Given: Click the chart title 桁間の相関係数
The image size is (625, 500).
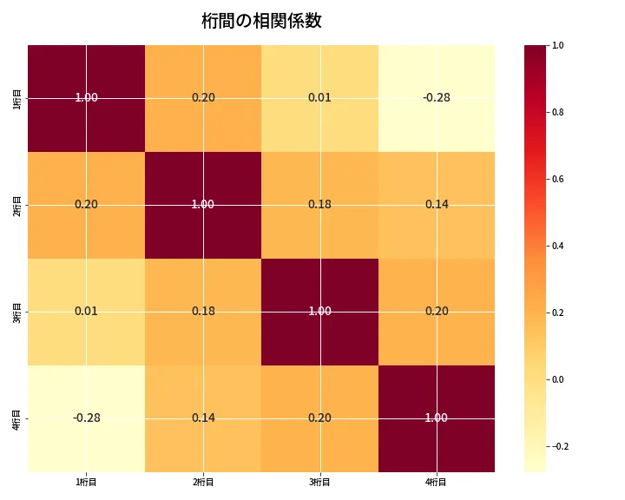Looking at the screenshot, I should point(261,21).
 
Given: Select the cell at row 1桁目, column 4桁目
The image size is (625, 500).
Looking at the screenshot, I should point(437,97).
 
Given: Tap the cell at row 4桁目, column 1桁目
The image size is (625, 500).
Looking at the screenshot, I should point(86,418).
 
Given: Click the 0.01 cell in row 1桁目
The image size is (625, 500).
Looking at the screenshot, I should point(319,97).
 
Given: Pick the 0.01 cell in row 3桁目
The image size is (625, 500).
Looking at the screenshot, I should point(86,311).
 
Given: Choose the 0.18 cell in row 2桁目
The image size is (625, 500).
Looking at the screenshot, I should point(319,204).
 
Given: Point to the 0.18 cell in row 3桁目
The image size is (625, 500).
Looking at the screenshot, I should point(203,311).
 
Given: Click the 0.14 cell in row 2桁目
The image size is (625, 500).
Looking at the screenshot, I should point(437,204).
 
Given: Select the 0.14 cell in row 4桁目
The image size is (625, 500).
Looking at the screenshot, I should point(203,418).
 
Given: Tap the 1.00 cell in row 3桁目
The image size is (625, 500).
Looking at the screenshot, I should point(319,311).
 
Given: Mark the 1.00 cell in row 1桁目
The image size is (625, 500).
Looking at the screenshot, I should point(86,97).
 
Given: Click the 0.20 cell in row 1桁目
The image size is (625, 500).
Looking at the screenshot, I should point(203,97).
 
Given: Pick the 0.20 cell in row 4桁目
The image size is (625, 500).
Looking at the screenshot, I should point(319,418).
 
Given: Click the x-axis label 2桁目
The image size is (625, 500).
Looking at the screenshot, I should point(203,482).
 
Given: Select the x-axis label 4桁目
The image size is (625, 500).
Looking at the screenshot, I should point(437,482).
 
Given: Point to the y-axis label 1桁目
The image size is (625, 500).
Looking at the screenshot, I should point(18,97).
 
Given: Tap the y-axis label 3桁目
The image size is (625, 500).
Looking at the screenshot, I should point(18,311).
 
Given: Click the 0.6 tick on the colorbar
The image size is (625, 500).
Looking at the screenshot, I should point(557,179).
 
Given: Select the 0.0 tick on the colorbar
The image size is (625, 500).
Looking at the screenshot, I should point(557,379).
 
